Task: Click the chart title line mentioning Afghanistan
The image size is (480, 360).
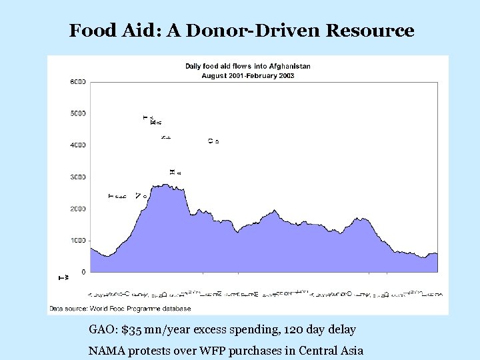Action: (x=247, y=66)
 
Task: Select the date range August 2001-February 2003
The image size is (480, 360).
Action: (x=248, y=75)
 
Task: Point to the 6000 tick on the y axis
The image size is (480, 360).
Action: (x=77, y=82)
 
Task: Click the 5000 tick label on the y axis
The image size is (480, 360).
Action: (x=77, y=113)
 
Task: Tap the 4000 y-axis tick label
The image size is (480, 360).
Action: (x=77, y=145)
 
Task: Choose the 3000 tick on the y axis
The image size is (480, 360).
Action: (x=77, y=177)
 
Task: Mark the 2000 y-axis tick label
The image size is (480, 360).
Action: (x=77, y=209)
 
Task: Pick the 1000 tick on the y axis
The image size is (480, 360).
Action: (x=77, y=241)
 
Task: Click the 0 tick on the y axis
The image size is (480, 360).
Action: (x=83, y=272)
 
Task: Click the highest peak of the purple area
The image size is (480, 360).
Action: (x=162, y=185)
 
